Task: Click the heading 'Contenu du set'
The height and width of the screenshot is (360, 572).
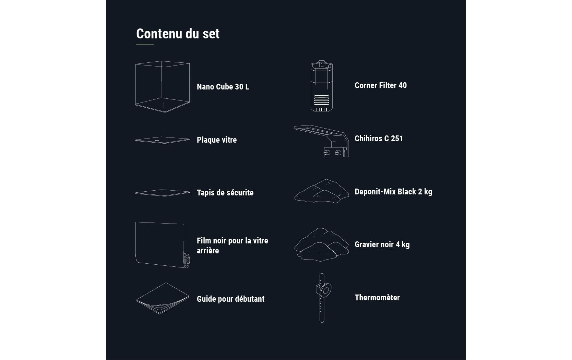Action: click(178, 34)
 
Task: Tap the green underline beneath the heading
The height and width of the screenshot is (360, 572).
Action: click(145, 45)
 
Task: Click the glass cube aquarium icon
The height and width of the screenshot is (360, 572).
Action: click(162, 87)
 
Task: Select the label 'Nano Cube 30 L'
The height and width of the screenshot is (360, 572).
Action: click(223, 87)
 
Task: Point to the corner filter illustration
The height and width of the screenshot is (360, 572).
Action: click(321, 86)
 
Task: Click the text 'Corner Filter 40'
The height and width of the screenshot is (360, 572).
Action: click(381, 85)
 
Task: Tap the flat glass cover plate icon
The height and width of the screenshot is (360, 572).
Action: click(162, 140)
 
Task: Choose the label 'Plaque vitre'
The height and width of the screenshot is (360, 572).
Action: click(217, 140)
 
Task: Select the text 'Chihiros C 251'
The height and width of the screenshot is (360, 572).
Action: click(379, 139)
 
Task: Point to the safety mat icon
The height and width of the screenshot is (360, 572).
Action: click(162, 193)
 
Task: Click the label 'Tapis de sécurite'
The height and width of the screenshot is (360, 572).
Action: click(225, 193)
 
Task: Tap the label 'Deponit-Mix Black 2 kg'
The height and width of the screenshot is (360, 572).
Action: click(393, 192)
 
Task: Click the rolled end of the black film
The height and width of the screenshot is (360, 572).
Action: click(187, 261)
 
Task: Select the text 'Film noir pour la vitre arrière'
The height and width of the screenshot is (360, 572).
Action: click(232, 245)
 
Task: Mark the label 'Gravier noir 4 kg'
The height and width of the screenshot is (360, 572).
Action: click(382, 244)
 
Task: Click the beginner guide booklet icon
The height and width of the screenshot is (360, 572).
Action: click(162, 299)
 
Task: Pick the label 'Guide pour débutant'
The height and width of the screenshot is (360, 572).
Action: click(230, 299)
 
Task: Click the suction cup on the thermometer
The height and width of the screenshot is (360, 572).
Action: click(325, 290)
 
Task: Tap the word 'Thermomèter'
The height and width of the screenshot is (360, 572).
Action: click(377, 298)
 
